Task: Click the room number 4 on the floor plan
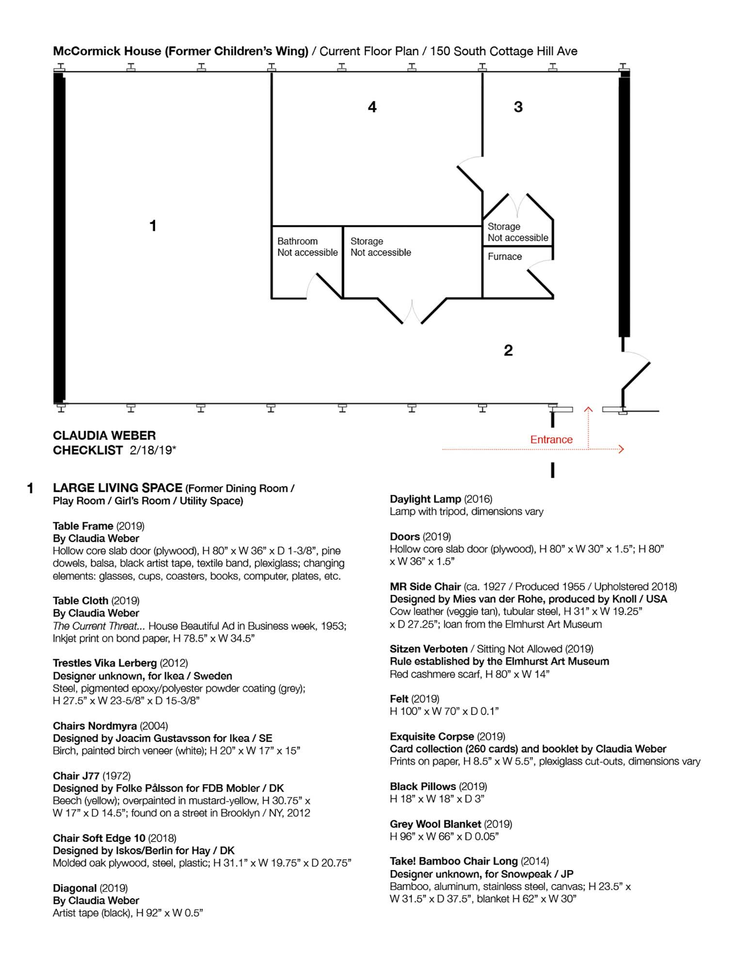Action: [x=372, y=107]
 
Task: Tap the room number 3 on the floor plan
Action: [x=518, y=107]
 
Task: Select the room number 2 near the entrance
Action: [x=508, y=350]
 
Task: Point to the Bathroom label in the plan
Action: [x=297, y=241]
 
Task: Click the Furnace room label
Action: [x=505, y=257]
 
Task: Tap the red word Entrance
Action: [x=551, y=439]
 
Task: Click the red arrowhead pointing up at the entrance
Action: [x=589, y=409]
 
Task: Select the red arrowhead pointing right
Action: [x=622, y=450]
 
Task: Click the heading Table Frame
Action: [x=83, y=526]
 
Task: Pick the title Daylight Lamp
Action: [x=425, y=499]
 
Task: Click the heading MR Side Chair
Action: [x=425, y=586]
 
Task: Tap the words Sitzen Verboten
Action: [x=429, y=649]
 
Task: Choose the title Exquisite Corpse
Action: [x=432, y=736]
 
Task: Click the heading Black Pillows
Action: [x=423, y=786]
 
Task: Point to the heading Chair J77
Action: [x=76, y=776]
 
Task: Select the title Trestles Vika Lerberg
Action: [x=105, y=663]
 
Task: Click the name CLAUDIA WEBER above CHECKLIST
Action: [x=104, y=436]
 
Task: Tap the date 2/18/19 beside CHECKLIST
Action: [x=152, y=450]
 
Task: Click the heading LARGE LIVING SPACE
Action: [x=117, y=488]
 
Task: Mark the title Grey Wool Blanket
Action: [x=435, y=824]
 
